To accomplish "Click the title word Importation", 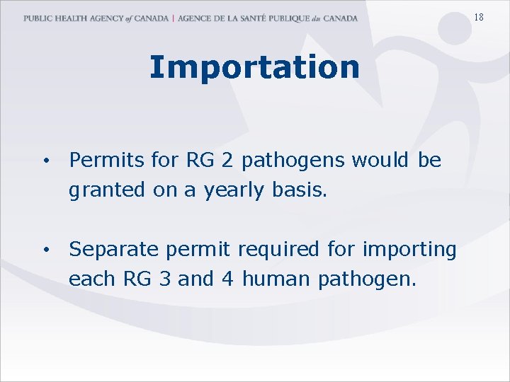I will [x=254, y=68].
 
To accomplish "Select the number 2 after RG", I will [x=227, y=161].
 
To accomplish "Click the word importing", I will [x=409, y=250].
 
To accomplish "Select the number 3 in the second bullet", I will [x=164, y=279].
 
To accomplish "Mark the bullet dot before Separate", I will [x=45, y=250].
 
